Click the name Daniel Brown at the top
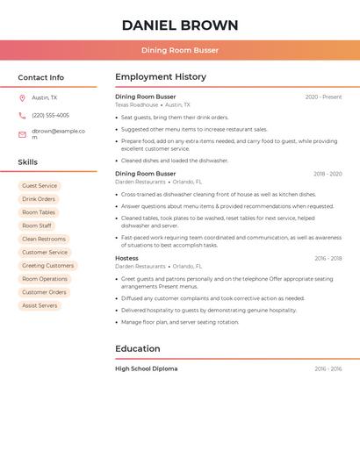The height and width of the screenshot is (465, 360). [180, 25]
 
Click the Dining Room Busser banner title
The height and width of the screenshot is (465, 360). [180, 50]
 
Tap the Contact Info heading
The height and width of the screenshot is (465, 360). [41, 77]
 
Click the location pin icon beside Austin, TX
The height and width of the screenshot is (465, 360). [22, 97]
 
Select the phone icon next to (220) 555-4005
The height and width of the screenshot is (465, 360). [22, 115]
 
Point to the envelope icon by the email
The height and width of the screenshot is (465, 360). [22, 133]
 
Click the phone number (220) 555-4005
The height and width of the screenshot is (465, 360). [50, 115]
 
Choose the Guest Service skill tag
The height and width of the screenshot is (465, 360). [40, 186]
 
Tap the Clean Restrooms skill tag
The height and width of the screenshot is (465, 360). [44, 239]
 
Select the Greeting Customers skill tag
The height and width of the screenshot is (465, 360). [47, 266]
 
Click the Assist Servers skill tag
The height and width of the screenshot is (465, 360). [40, 305]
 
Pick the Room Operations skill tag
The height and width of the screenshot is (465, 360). [45, 279]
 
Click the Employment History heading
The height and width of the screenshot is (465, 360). [161, 77]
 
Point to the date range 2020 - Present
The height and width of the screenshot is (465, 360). [323, 97]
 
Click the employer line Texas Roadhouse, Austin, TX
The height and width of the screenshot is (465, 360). [153, 104]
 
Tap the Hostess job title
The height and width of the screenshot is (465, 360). [126, 258]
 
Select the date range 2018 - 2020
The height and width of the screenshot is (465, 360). [328, 174]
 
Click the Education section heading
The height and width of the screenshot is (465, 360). [138, 348]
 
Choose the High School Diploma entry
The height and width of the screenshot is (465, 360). [146, 368]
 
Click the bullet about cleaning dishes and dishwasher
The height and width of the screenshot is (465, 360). [175, 161]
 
